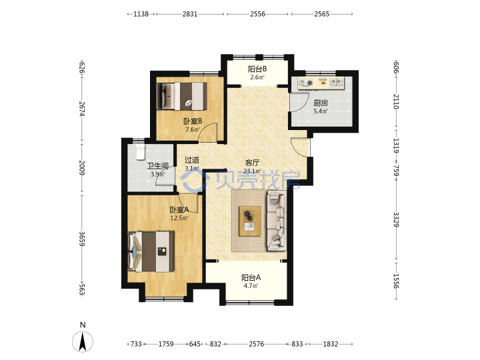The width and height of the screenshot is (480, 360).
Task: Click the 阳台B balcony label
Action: pyautogui.click(x=257, y=69)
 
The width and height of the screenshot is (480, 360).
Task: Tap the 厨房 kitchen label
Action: pyautogui.click(x=321, y=103)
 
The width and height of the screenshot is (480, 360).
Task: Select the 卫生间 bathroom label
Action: pyautogui.click(x=157, y=166)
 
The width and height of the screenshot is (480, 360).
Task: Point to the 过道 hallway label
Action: pyautogui.click(x=192, y=160)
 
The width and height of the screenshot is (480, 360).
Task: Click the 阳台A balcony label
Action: pyautogui.click(x=251, y=277)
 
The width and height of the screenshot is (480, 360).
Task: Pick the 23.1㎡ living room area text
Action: pyautogui.click(x=252, y=171)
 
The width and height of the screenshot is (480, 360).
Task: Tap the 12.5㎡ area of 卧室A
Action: pyautogui.click(x=179, y=218)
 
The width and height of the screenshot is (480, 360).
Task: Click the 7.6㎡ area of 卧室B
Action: pyautogui.click(x=193, y=129)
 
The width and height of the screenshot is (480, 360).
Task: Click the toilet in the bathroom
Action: pyautogui.click(x=140, y=152)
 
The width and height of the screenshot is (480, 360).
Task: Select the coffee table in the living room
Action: pyautogui.click(x=250, y=221)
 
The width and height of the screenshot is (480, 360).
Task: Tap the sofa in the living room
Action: pyautogui.click(x=277, y=221)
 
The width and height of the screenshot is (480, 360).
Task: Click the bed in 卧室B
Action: pyautogui.click(x=182, y=96)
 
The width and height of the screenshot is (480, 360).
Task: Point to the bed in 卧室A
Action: pyautogui.click(x=151, y=251)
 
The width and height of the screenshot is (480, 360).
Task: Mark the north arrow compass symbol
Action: pyautogui.click(x=83, y=341)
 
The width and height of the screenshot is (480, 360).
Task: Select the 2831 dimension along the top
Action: pyautogui.click(x=190, y=14)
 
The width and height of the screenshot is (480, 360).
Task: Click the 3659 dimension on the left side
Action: pyautogui.click(x=82, y=239)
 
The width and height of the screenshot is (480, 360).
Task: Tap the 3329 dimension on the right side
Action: pyautogui.click(x=396, y=219)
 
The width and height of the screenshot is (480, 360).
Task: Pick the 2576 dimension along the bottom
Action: pyautogui.click(x=256, y=344)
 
